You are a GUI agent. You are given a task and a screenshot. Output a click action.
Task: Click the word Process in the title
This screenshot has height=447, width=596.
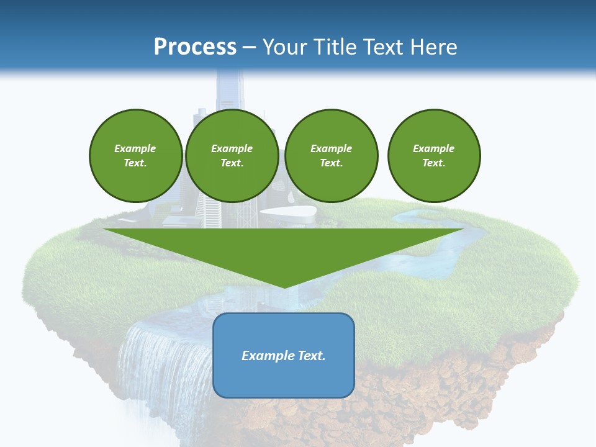click(x=195, y=47)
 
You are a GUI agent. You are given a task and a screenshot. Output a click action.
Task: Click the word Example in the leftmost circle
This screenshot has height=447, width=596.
click(x=135, y=148)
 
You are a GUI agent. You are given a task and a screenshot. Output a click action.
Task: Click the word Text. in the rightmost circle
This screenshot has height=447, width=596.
click(x=433, y=163)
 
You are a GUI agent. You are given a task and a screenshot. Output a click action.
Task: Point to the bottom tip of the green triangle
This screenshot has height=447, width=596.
click(x=284, y=287)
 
